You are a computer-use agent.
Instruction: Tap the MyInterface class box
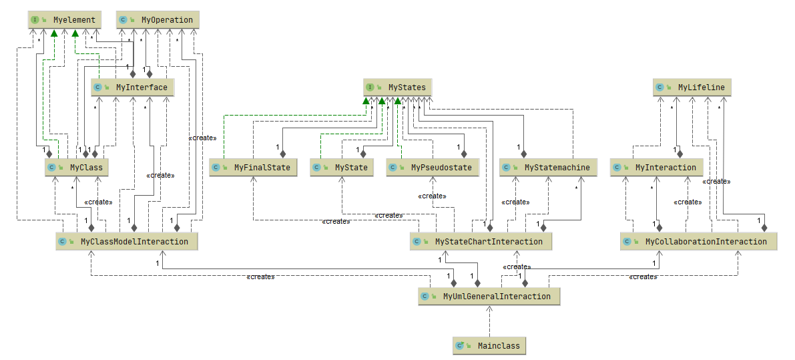pyautogui.click(x=133, y=87)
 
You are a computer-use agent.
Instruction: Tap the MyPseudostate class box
pyautogui.click(x=433, y=168)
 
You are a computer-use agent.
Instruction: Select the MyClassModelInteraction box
pyautogui.click(x=126, y=241)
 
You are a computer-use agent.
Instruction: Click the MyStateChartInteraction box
pyautogui.click(x=481, y=241)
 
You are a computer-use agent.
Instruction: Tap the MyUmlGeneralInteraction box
pyautogui.click(x=489, y=296)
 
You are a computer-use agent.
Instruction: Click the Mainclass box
pyautogui.click(x=489, y=346)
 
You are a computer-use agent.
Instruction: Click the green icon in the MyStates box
pyautogui.click(x=370, y=87)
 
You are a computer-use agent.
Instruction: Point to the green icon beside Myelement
pyautogui.click(x=35, y=20)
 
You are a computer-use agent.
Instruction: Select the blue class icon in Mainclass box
pyautogui.click(x=459, y=346)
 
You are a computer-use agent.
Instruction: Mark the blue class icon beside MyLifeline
pyautogui.click(x=659, y=87)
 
